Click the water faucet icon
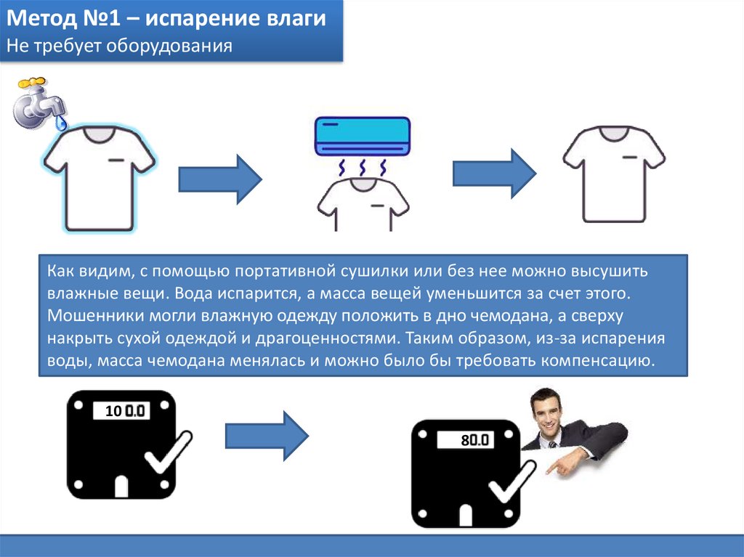coord(39,102)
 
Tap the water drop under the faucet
coord(60,123)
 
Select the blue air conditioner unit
coord(363,137)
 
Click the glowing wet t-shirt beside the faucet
coord(100,179)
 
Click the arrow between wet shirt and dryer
coord(220,179)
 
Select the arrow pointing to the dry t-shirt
coord(494,174)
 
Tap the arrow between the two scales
coord(267,436)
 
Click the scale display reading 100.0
coord(121,411)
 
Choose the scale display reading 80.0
coord(466,440)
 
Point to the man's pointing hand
coord(565,463)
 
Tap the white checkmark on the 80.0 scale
coord(512,481)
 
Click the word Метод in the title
coord(41,18)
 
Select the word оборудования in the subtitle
coord(169,46)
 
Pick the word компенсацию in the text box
coord(598,362)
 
